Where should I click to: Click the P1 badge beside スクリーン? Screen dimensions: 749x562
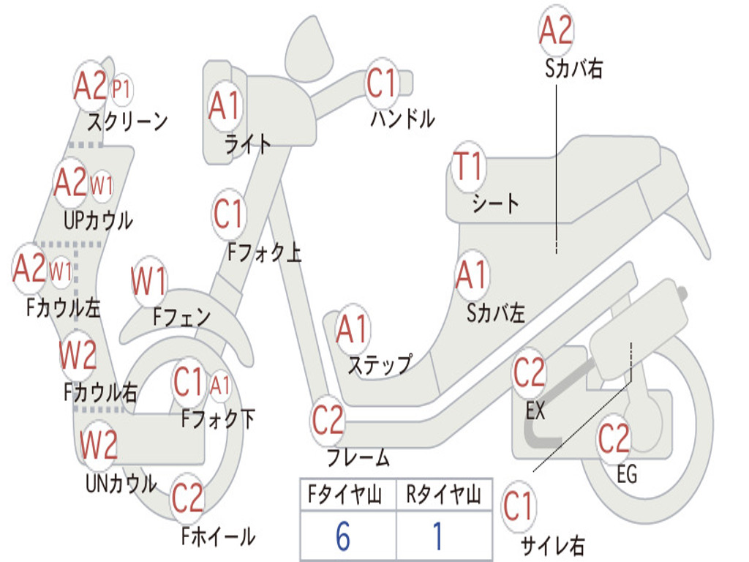(x=122, y=89)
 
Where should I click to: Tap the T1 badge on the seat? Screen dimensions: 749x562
(x=469, y=166)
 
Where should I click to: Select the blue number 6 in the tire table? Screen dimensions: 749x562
(x=343, y=536)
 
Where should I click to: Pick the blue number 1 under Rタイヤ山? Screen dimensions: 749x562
(x=437, y=536)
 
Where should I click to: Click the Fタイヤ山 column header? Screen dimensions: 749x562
(x=345, y=494)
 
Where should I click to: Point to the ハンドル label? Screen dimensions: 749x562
(x=403, y=118)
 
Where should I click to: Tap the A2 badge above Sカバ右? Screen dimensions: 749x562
(x=556, y=29)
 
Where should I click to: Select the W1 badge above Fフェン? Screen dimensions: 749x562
(x=149, y=281)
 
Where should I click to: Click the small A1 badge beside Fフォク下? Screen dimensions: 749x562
(x=219, y=385)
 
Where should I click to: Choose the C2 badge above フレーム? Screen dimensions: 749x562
(x=328, y=420)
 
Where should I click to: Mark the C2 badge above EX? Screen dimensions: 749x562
(x=530, y=372)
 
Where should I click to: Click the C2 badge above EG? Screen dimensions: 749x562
(x=614, y=438)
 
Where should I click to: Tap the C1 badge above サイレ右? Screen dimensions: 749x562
(x=518, y=506)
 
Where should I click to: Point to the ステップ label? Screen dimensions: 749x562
(x=380, y=366)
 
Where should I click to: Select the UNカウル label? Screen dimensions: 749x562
(x=121, y=484)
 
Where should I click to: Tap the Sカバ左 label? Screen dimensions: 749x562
(x=496, y=313)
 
